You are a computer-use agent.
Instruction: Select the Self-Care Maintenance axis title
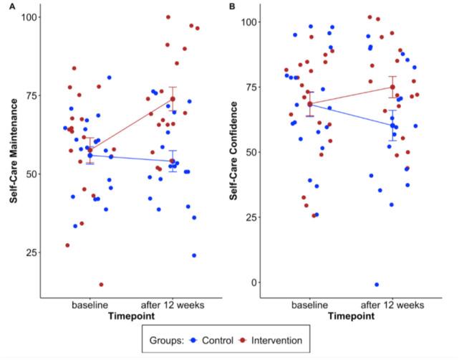14,152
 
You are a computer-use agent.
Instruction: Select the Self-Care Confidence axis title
234,152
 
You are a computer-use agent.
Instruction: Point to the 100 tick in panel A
27,16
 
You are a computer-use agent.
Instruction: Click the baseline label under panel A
90,305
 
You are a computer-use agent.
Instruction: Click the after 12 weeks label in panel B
392,305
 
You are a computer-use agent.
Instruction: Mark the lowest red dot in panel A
101,285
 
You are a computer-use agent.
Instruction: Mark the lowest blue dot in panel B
377,285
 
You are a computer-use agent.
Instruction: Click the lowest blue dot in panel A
194,255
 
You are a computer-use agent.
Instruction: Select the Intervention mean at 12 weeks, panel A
173,98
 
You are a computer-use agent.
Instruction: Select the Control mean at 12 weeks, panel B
392,125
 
